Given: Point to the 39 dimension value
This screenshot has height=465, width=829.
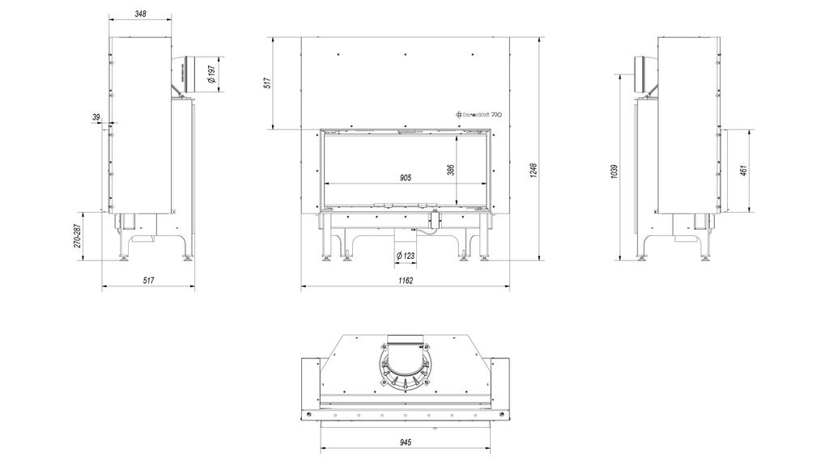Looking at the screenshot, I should (x=97, y=118).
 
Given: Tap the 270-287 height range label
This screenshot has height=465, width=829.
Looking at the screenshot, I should (x=78, y=235).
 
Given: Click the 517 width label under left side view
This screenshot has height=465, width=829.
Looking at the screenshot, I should (x=147, y=281).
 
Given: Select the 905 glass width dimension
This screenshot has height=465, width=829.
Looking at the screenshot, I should (x=406, y=177).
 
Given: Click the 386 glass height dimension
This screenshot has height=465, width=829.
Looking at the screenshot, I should (x=451, y=170).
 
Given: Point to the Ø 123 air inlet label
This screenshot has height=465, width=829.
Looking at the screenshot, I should (x=406, y=256).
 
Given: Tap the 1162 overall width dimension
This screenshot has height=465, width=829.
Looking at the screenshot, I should (x=405, y=281).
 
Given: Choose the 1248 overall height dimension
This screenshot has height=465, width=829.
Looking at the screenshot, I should (x=534, y=171).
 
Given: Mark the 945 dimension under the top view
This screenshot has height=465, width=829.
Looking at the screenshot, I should (x=406, y=442).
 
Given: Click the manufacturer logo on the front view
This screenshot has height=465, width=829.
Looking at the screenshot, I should (x=480, y=116).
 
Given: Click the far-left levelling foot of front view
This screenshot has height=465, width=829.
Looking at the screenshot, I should (x=326, y=258).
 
